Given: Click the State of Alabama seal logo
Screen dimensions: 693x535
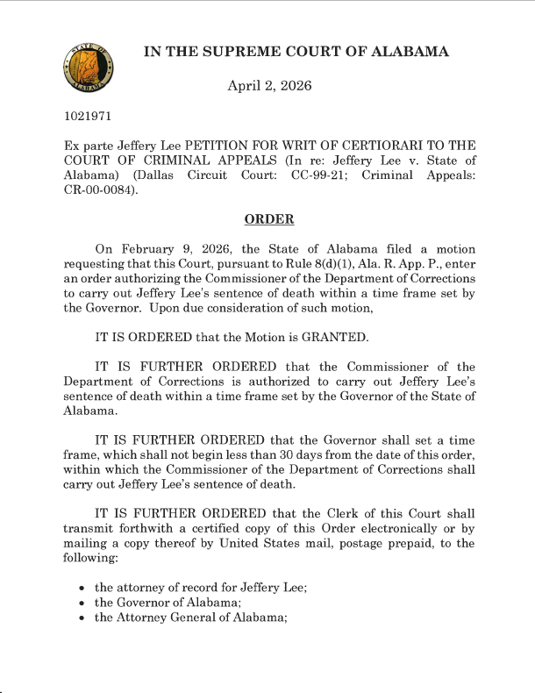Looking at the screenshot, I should coord(88,68).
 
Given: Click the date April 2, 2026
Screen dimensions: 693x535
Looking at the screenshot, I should coord(269,86).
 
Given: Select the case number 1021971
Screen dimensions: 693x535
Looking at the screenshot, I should coord(87,115).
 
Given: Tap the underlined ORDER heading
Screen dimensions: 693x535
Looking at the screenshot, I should coord(268,218).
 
